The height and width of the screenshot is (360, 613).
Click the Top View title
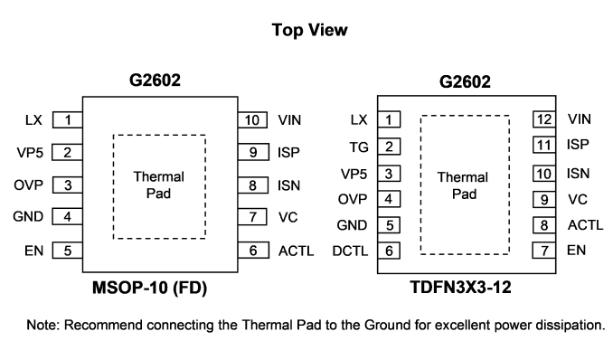309,30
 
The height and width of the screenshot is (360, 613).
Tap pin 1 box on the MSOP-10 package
68,120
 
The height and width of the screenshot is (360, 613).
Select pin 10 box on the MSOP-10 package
252,120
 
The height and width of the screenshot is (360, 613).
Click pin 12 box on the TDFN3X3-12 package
544,119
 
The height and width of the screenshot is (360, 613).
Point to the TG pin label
359,147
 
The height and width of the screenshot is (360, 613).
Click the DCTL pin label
350,251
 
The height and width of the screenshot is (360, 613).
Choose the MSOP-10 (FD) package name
150,288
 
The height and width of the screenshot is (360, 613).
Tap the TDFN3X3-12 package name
461,288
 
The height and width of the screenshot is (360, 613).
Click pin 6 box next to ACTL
253,251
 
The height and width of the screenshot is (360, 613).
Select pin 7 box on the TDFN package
544,251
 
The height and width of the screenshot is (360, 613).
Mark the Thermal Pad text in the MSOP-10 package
159,185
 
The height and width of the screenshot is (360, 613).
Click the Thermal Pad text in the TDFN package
463,185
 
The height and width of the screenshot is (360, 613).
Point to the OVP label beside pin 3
29,185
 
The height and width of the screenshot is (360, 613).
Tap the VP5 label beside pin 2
30,152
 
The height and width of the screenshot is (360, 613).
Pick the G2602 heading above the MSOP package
155,81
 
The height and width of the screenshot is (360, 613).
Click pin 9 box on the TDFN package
544,200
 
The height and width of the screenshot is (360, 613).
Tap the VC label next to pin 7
288,217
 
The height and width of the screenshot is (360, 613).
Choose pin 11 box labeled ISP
544,145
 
